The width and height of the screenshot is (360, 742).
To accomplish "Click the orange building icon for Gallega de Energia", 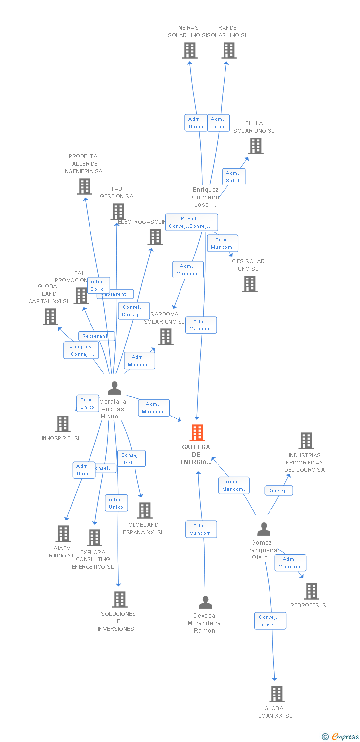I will click(x=197, y=433).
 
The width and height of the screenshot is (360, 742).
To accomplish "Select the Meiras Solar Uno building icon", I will click(x=190, y=50).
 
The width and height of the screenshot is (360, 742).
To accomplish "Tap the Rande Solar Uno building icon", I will click(x=229, y=50).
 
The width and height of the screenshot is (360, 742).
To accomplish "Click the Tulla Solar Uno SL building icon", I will click(x=256, y=146).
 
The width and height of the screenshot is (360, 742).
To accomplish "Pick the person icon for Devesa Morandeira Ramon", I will click(x=205, y=602).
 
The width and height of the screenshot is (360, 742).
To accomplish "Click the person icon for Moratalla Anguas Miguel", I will click(x=114, y=388).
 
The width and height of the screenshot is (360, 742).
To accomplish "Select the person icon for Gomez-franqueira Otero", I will click(x=264, y=529).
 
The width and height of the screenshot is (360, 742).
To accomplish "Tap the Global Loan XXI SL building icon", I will click(x=277, y=694).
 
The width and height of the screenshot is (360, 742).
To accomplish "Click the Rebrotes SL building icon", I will click(x=312, y=591).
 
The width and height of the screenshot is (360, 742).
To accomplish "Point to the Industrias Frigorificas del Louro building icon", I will click(x=306, y=441).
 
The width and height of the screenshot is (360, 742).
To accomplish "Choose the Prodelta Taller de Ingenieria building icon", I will click(x=85, y=186).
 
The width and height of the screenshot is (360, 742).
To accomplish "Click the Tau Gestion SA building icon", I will click(x=118, y=212).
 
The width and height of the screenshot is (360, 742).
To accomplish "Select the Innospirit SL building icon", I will click(x=63, y=424).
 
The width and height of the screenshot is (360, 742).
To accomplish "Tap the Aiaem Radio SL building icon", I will click(x=63, y=534).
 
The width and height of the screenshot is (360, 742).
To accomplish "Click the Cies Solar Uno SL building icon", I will click(x=250, y=284).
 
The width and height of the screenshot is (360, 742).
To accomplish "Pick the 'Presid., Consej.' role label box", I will click(x=191, y=222).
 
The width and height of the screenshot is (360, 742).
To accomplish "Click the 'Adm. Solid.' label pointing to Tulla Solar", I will click(x=233, y=177).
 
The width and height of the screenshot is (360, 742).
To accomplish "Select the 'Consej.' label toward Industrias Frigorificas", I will click(x=278, y=491).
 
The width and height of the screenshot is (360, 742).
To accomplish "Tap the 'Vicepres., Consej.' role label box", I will click(x=81, y=350).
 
